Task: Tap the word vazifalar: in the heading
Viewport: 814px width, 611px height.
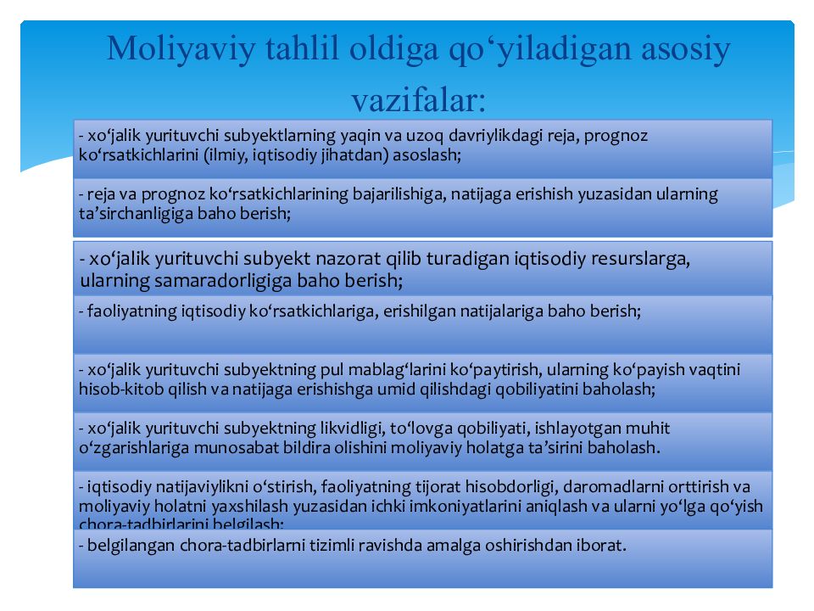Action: [x=419, y=100]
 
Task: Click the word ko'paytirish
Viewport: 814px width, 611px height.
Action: [x=491, y=370]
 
